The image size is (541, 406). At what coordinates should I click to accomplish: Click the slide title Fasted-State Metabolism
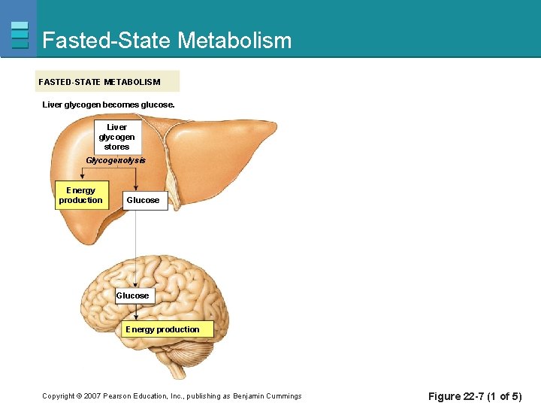tap(167, 40)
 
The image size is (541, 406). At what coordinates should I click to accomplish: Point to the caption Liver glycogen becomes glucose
tap(108, 105)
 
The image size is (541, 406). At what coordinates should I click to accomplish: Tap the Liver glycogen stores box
tap(116, 137)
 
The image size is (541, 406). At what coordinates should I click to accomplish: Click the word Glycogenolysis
tap(116, 160)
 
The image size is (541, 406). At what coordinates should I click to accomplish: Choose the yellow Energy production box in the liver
tap(80, 195)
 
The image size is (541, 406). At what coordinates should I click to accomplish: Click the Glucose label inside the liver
tap(143, 200)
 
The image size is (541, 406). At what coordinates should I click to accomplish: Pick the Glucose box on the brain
tap(132, 295)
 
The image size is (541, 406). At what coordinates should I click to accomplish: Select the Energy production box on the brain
tap(162, 329)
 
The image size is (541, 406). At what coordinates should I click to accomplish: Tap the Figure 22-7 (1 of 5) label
tap(474, 396)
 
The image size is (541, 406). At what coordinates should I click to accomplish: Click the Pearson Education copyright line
tap(171, 396)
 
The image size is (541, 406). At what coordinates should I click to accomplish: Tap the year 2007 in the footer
tap(90, 396)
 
